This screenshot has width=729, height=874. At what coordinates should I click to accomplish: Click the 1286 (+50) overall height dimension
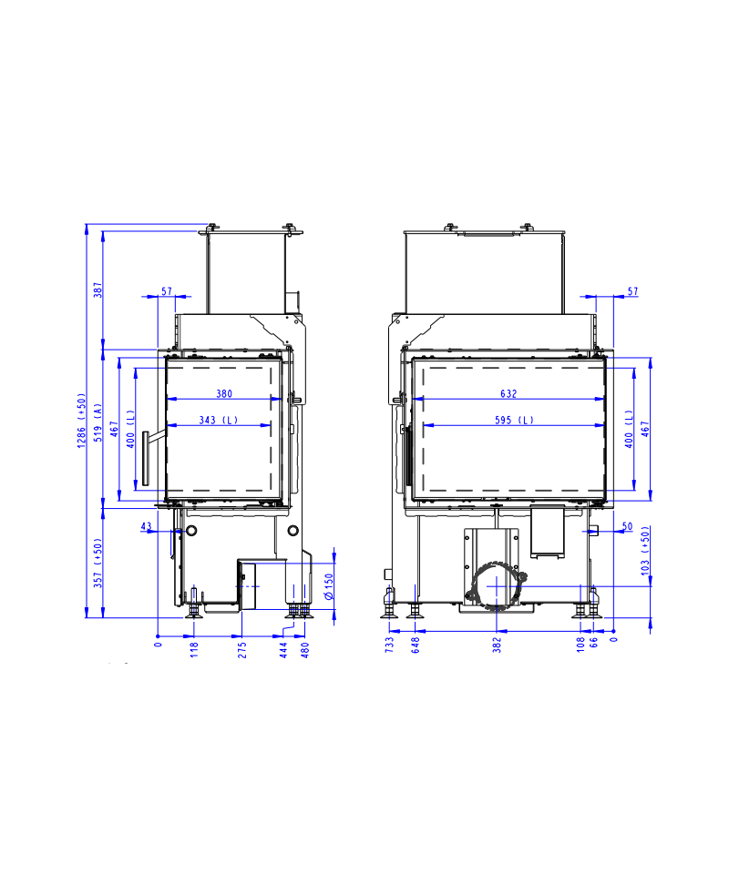[81, 421]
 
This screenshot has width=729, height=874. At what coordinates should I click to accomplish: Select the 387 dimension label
[98, 290]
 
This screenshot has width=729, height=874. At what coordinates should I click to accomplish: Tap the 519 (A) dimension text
[98, 422]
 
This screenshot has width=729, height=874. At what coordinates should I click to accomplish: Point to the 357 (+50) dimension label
[98, 563]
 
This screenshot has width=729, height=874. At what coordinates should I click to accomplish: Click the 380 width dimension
[224, 393]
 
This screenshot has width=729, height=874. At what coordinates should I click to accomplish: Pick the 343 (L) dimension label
[219, 420]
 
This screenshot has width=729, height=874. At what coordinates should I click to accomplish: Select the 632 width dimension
[508, 393]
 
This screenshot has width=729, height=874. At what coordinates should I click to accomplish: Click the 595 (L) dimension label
[514, 420]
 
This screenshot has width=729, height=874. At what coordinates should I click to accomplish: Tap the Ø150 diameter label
[329, 586]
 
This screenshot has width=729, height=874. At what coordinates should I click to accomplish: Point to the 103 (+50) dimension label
[645, 551]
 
